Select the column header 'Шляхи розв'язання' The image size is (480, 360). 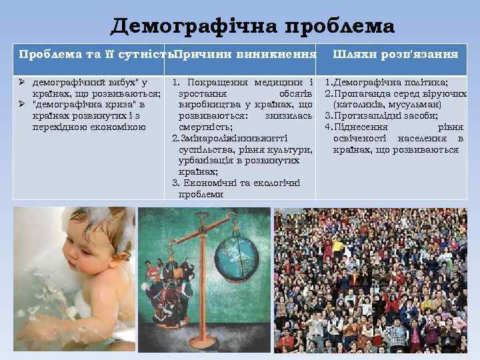395,53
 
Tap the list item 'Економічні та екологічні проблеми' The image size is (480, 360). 237,188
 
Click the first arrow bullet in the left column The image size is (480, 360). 22,83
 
